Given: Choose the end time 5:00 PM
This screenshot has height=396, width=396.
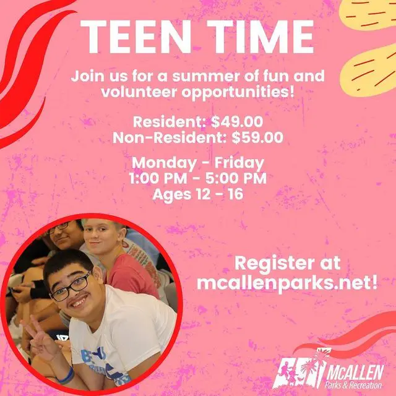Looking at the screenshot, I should point(238,179).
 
